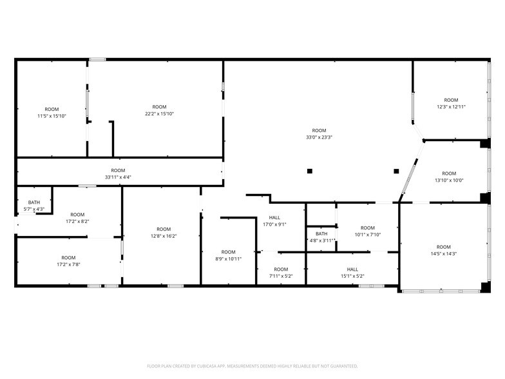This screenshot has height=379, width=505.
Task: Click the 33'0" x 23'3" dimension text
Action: coord(319,137)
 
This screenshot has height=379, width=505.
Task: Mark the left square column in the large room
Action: coord(310,171)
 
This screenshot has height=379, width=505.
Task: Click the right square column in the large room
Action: coord(396,171)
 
